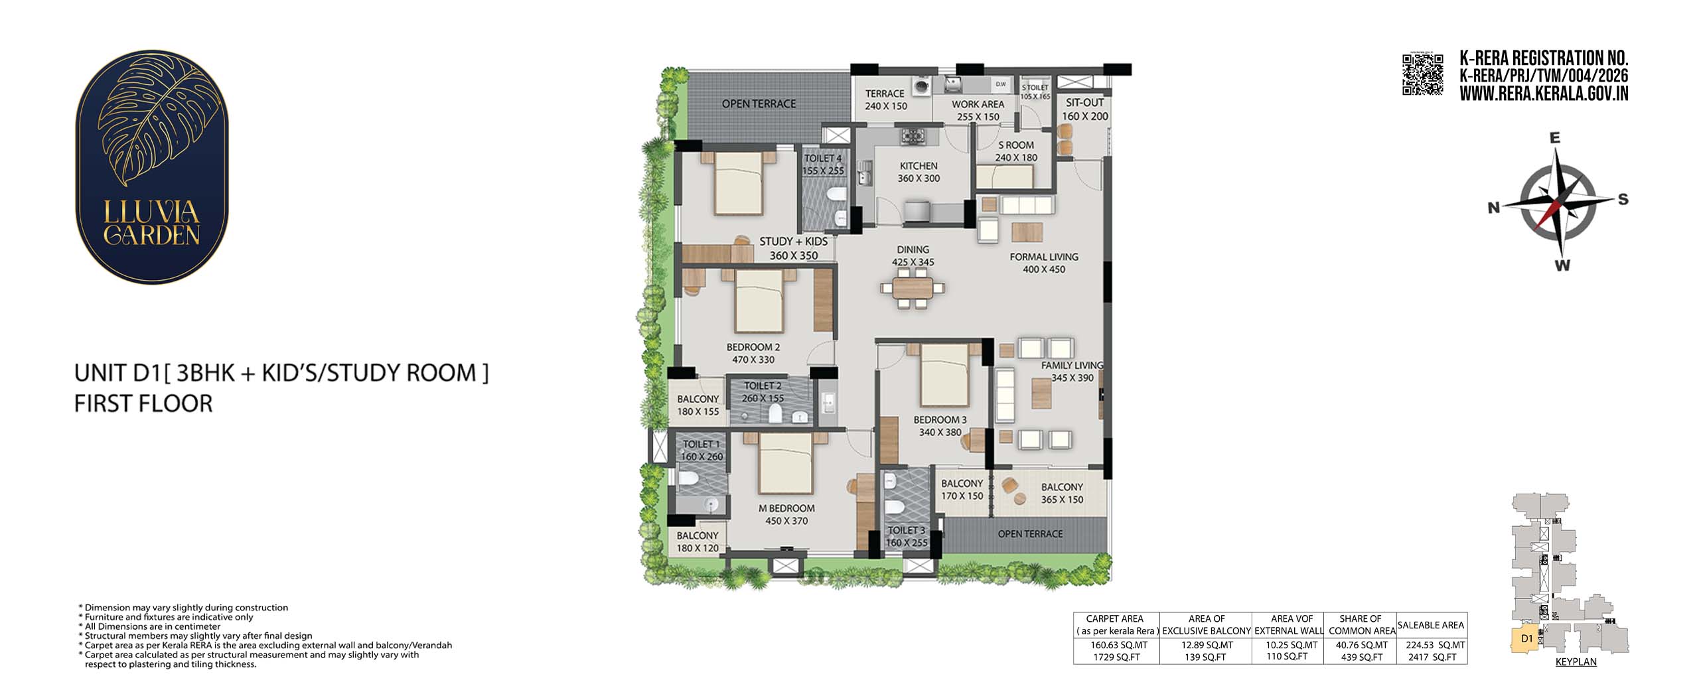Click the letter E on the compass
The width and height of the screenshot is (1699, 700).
(x=1554, y=139)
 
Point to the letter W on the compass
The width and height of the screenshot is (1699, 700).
(x=1562, y=265)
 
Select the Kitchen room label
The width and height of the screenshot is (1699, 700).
(x=919, y=166)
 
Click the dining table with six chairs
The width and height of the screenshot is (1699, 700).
(x=913, y=289)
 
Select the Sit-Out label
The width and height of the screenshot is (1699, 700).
(x=1085, y=103)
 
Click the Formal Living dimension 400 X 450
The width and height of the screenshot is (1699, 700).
(x=1044, y=269)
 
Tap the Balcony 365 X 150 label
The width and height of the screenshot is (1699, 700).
(x=1062, y=493)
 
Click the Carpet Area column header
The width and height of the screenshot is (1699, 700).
(x=1116, y=624)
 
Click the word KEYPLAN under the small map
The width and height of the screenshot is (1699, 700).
(x=1576, y=662)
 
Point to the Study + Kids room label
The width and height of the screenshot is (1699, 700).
(x=793, y=242)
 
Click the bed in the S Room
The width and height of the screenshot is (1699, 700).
(x=1004, y=176)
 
